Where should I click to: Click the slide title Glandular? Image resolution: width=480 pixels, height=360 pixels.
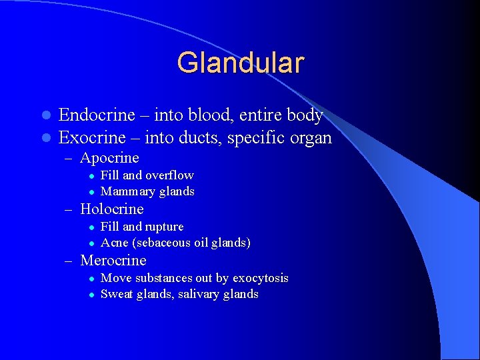pos(241,63)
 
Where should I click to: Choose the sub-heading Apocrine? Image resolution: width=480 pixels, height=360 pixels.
pos(109,158)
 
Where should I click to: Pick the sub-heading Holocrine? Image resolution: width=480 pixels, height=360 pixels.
pos(111,209)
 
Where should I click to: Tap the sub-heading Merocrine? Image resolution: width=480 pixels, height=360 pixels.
pos(113,261)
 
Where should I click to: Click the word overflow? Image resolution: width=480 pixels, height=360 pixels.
pos(169,175)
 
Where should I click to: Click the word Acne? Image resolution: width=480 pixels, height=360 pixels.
pos(114,243)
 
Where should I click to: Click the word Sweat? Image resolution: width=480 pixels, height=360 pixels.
pos(116,294)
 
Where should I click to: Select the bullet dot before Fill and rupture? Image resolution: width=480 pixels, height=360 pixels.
pos(92,227)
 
